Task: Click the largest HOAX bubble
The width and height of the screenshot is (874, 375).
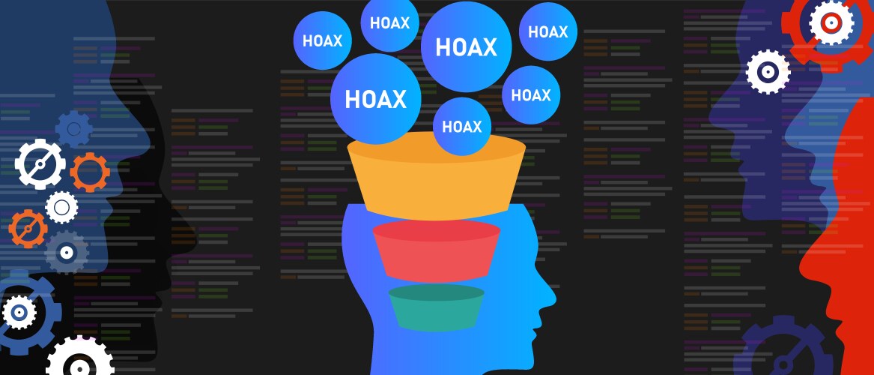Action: [466, 46]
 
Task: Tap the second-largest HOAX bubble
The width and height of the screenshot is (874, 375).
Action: [376, 99]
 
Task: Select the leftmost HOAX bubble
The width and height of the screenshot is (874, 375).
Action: [322, 40]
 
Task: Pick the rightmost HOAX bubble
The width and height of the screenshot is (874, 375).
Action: [548, 31]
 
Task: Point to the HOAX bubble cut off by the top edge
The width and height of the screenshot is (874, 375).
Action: [389, 22]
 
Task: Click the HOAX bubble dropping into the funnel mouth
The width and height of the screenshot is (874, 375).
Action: [462, 127]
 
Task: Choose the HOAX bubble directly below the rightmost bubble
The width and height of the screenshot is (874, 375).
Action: [531, 94]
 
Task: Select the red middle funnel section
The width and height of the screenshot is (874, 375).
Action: [437, 251]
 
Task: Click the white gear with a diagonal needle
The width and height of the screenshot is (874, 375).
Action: [40, 164]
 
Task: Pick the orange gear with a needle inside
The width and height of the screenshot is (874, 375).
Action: [28, 229]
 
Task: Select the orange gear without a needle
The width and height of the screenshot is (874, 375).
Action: [90, 172]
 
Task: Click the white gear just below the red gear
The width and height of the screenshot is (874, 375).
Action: [768, 71]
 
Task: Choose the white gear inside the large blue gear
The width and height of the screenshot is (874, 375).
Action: [19, 313]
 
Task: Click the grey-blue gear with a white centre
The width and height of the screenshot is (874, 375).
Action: [67, 253]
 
